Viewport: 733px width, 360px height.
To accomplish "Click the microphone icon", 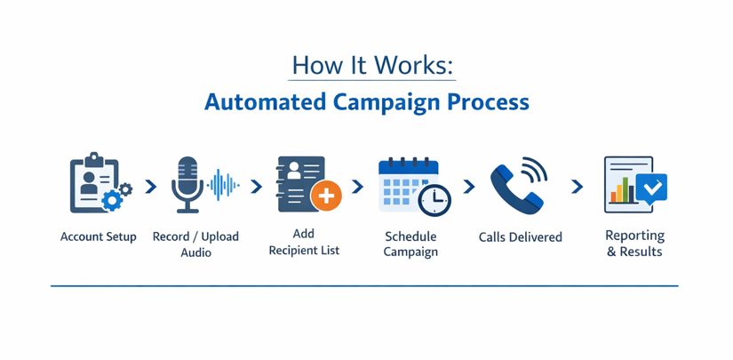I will [187, 184].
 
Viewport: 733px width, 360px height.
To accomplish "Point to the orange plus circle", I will [326, 196].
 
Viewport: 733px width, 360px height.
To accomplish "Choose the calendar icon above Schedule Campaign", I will [408, 184].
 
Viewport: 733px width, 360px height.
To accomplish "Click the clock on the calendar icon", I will [434, 201].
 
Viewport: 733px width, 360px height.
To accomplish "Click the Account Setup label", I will [99, 237].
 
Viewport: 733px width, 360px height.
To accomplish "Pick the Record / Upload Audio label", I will [195, 244].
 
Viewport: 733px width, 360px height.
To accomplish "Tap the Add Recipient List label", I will [304, 243].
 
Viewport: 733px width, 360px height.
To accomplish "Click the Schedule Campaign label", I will [410, 244].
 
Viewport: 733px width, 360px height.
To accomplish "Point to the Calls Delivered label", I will [520, 237].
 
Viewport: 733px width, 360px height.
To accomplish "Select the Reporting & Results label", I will [634, 244].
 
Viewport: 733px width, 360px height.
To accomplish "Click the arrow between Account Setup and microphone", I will [151, 187].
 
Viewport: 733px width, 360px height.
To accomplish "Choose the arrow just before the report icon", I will [578, 187].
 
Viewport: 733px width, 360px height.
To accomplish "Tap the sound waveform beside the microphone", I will [222, 185].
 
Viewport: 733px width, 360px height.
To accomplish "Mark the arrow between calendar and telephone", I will [469, 187].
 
